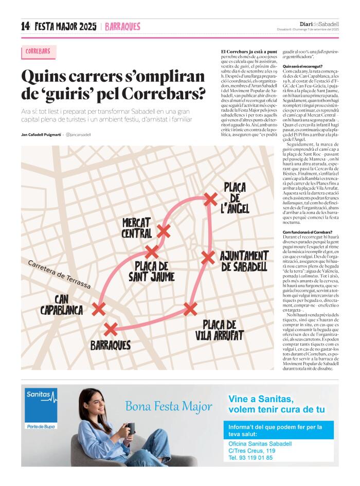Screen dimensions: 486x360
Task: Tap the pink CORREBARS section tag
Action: click(38, 52)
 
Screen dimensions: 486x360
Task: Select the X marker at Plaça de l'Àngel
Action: click(210, 198)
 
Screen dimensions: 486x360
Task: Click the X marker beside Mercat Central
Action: click(164, 231)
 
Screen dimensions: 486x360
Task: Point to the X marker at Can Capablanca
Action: click(98, 309)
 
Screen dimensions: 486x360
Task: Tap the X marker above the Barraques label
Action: click(110, 329)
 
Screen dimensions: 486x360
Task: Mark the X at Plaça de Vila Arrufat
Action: click(190, 309)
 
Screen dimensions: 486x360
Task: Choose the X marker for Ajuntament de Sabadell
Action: click(208, 257)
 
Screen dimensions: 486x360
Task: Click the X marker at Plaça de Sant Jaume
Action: click(152, 252)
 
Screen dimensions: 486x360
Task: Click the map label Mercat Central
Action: click(137, 228)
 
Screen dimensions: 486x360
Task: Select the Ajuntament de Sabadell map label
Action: click(244, 261)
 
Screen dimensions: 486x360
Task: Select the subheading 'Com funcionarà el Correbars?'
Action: click(308, 232)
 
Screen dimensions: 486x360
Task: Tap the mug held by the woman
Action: click(131, 428)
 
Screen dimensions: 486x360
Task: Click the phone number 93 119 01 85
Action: click(251, 457)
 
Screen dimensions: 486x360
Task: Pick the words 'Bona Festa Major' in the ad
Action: click(169, 406)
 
